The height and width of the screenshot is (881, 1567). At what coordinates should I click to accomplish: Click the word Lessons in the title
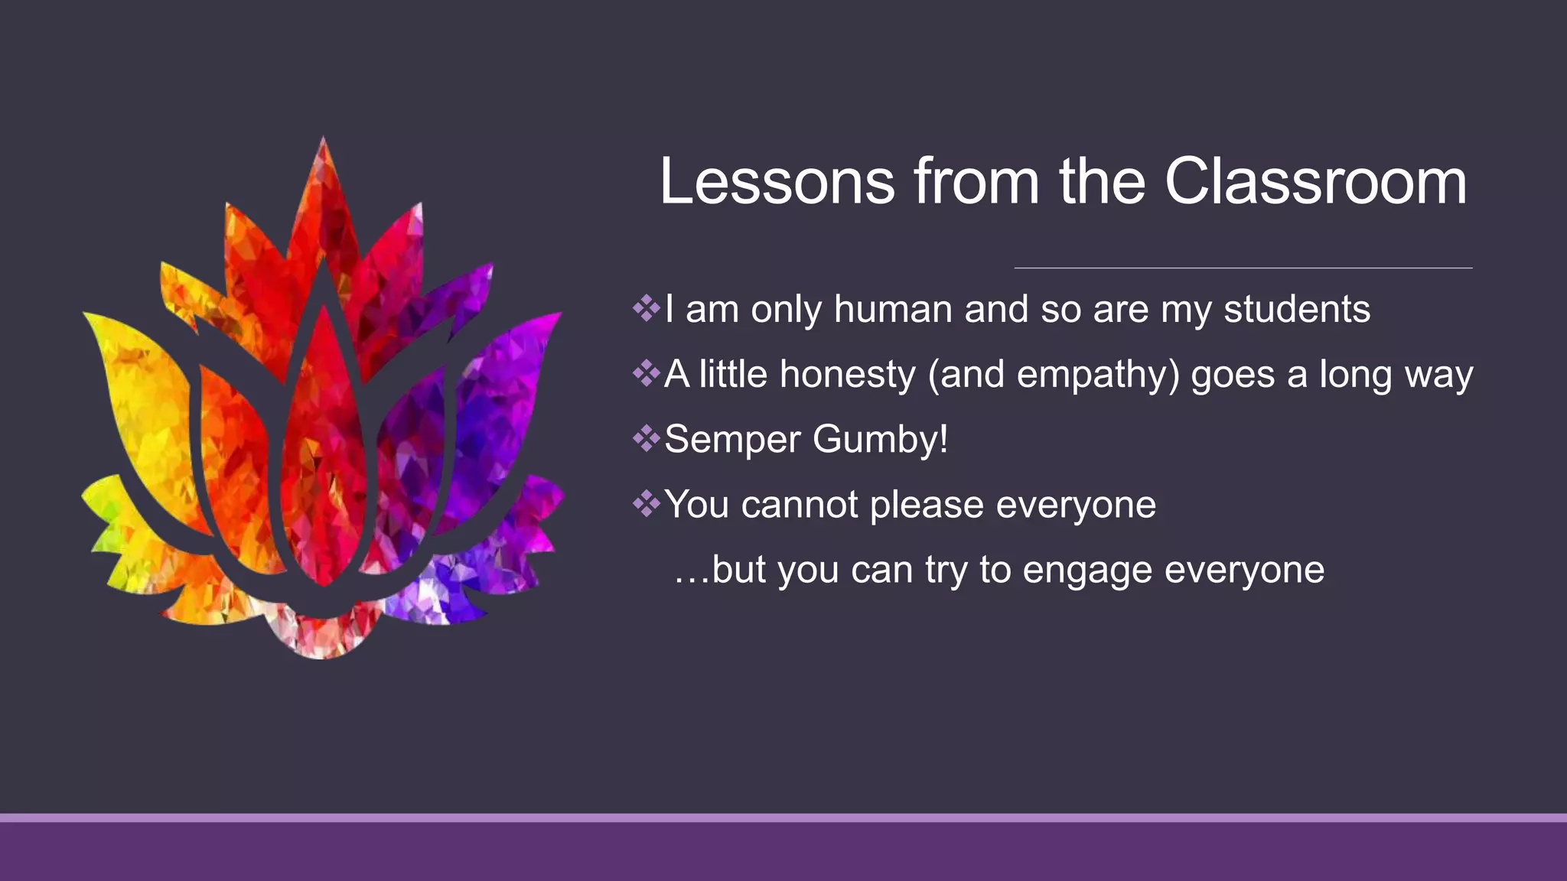coord(777,182)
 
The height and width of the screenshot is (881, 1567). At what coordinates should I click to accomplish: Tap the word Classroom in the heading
coord(1315,182)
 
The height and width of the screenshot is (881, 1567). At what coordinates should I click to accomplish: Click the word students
coord(1296,310)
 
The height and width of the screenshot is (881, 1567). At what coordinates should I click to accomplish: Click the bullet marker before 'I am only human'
coord(647,309)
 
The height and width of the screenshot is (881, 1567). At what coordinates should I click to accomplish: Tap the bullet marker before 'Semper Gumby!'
coord(647,439)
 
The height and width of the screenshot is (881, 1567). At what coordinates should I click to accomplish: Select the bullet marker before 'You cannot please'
coord(647,504)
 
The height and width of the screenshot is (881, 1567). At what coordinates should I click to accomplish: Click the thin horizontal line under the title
coord(1243,268)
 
